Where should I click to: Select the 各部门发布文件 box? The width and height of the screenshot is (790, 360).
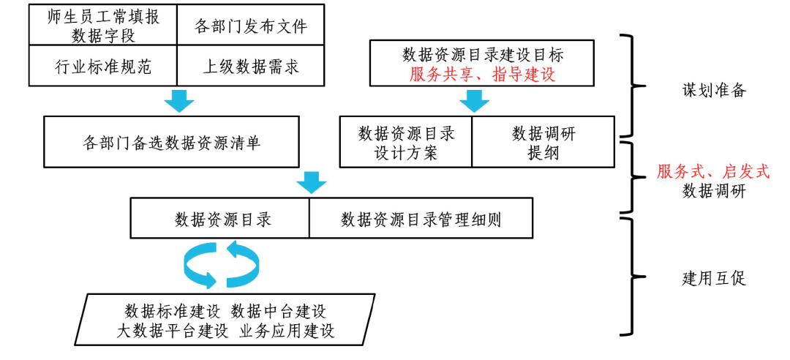251,26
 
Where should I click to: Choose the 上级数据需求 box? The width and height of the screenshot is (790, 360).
251,67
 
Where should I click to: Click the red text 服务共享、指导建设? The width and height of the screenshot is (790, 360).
482,74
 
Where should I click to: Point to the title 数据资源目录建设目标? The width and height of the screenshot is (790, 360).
482,55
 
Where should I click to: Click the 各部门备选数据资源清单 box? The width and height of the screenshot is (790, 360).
171,142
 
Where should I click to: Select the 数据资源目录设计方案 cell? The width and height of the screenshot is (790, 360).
407,142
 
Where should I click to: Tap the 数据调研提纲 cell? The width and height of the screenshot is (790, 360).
543,142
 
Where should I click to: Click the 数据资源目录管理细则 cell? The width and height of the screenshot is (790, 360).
421,219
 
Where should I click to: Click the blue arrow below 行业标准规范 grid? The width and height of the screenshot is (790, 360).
178,101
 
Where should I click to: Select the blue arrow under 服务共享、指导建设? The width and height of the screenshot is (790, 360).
474,101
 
